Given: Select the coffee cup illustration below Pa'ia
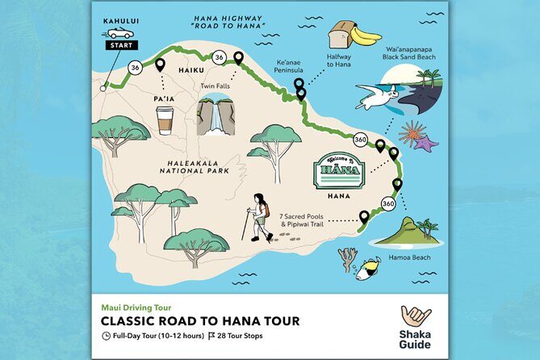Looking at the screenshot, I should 165,119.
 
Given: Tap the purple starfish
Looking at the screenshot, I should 425,144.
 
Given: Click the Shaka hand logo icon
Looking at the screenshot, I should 417,315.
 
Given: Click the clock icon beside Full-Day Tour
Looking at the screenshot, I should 107,335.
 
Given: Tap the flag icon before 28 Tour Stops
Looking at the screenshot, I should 211,335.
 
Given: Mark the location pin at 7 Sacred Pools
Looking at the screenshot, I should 364,216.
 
